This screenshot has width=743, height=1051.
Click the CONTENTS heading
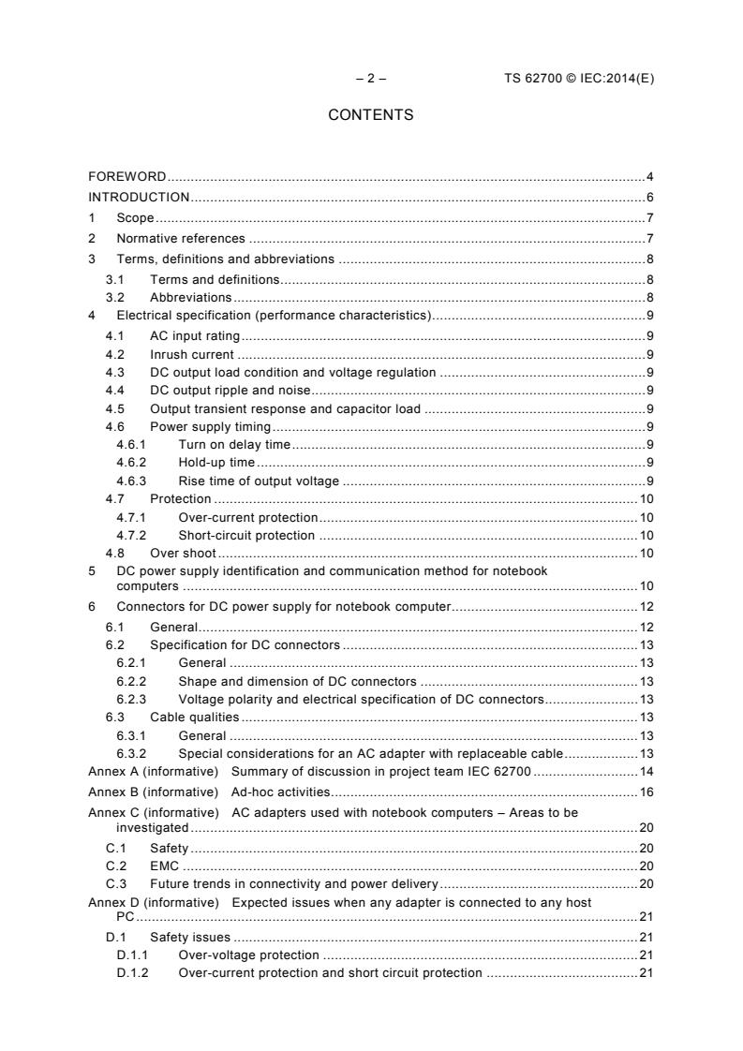pos(370,115)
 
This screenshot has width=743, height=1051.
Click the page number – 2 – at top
pos(370,79)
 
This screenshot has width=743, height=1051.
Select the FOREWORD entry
pos(127,176)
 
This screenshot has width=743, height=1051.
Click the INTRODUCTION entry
pos(139,197)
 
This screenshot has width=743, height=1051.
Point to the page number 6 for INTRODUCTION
pos(649,197)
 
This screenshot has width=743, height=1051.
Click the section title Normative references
pos(180,238)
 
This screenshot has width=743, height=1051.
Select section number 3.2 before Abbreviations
pos(116,298)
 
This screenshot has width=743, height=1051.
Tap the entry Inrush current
pos(191,354)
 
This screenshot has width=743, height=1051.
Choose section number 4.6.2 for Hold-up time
pos(131,463)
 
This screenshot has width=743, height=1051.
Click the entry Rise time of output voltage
pos(258,481)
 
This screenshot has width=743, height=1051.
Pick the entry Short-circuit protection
pos(246,536)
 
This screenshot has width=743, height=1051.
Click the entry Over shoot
pos(183,553)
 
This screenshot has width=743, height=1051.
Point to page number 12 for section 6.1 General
pos(646,626)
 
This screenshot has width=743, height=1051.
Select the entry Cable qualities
pos(194,717)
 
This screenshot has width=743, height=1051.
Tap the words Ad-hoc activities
pos(279,792)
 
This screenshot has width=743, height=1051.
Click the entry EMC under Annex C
pos(164,866)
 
